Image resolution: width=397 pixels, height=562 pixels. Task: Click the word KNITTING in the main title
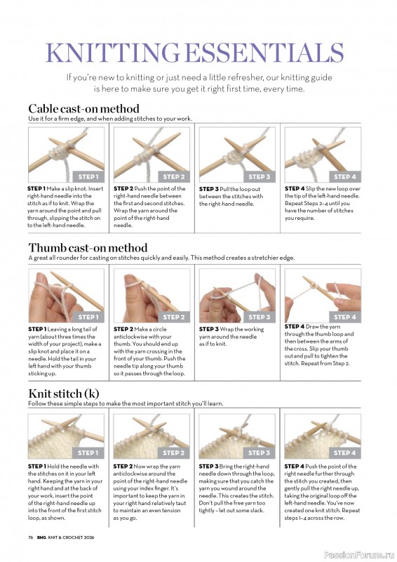(x=112, y=53)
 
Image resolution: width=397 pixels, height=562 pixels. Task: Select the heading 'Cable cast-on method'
(x=83, y=109)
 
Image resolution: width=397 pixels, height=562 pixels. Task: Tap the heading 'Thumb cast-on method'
(x=88, y=248)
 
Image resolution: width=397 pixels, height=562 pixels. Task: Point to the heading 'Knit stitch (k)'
(x=64, y=393)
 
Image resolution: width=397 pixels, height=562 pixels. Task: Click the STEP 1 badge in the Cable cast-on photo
(x=88, y=176)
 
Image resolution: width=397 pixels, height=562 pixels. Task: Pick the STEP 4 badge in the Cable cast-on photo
(x=344, y=176)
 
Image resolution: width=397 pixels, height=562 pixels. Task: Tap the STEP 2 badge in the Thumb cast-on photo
(x=174, y=317)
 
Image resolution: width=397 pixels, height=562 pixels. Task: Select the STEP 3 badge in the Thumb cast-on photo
(x=260, y=317)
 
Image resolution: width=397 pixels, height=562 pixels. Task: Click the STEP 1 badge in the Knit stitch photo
(x=88, y=452)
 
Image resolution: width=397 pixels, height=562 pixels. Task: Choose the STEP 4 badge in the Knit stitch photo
(x=344, y=452)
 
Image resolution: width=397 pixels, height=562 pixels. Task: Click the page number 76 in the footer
(x=31, y=537)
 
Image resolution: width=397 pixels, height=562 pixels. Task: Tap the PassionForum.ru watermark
(x=359, y=555)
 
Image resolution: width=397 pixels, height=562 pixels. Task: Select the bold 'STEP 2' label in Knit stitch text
(x=123, y=466)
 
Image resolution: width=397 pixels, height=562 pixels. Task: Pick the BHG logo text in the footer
(x=41, y=537)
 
